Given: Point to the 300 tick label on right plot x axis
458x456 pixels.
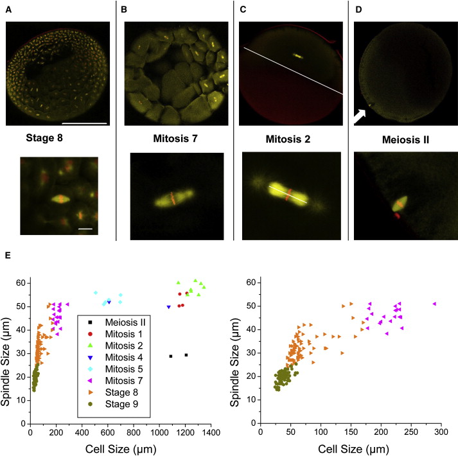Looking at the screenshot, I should click(x=441, y=432).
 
